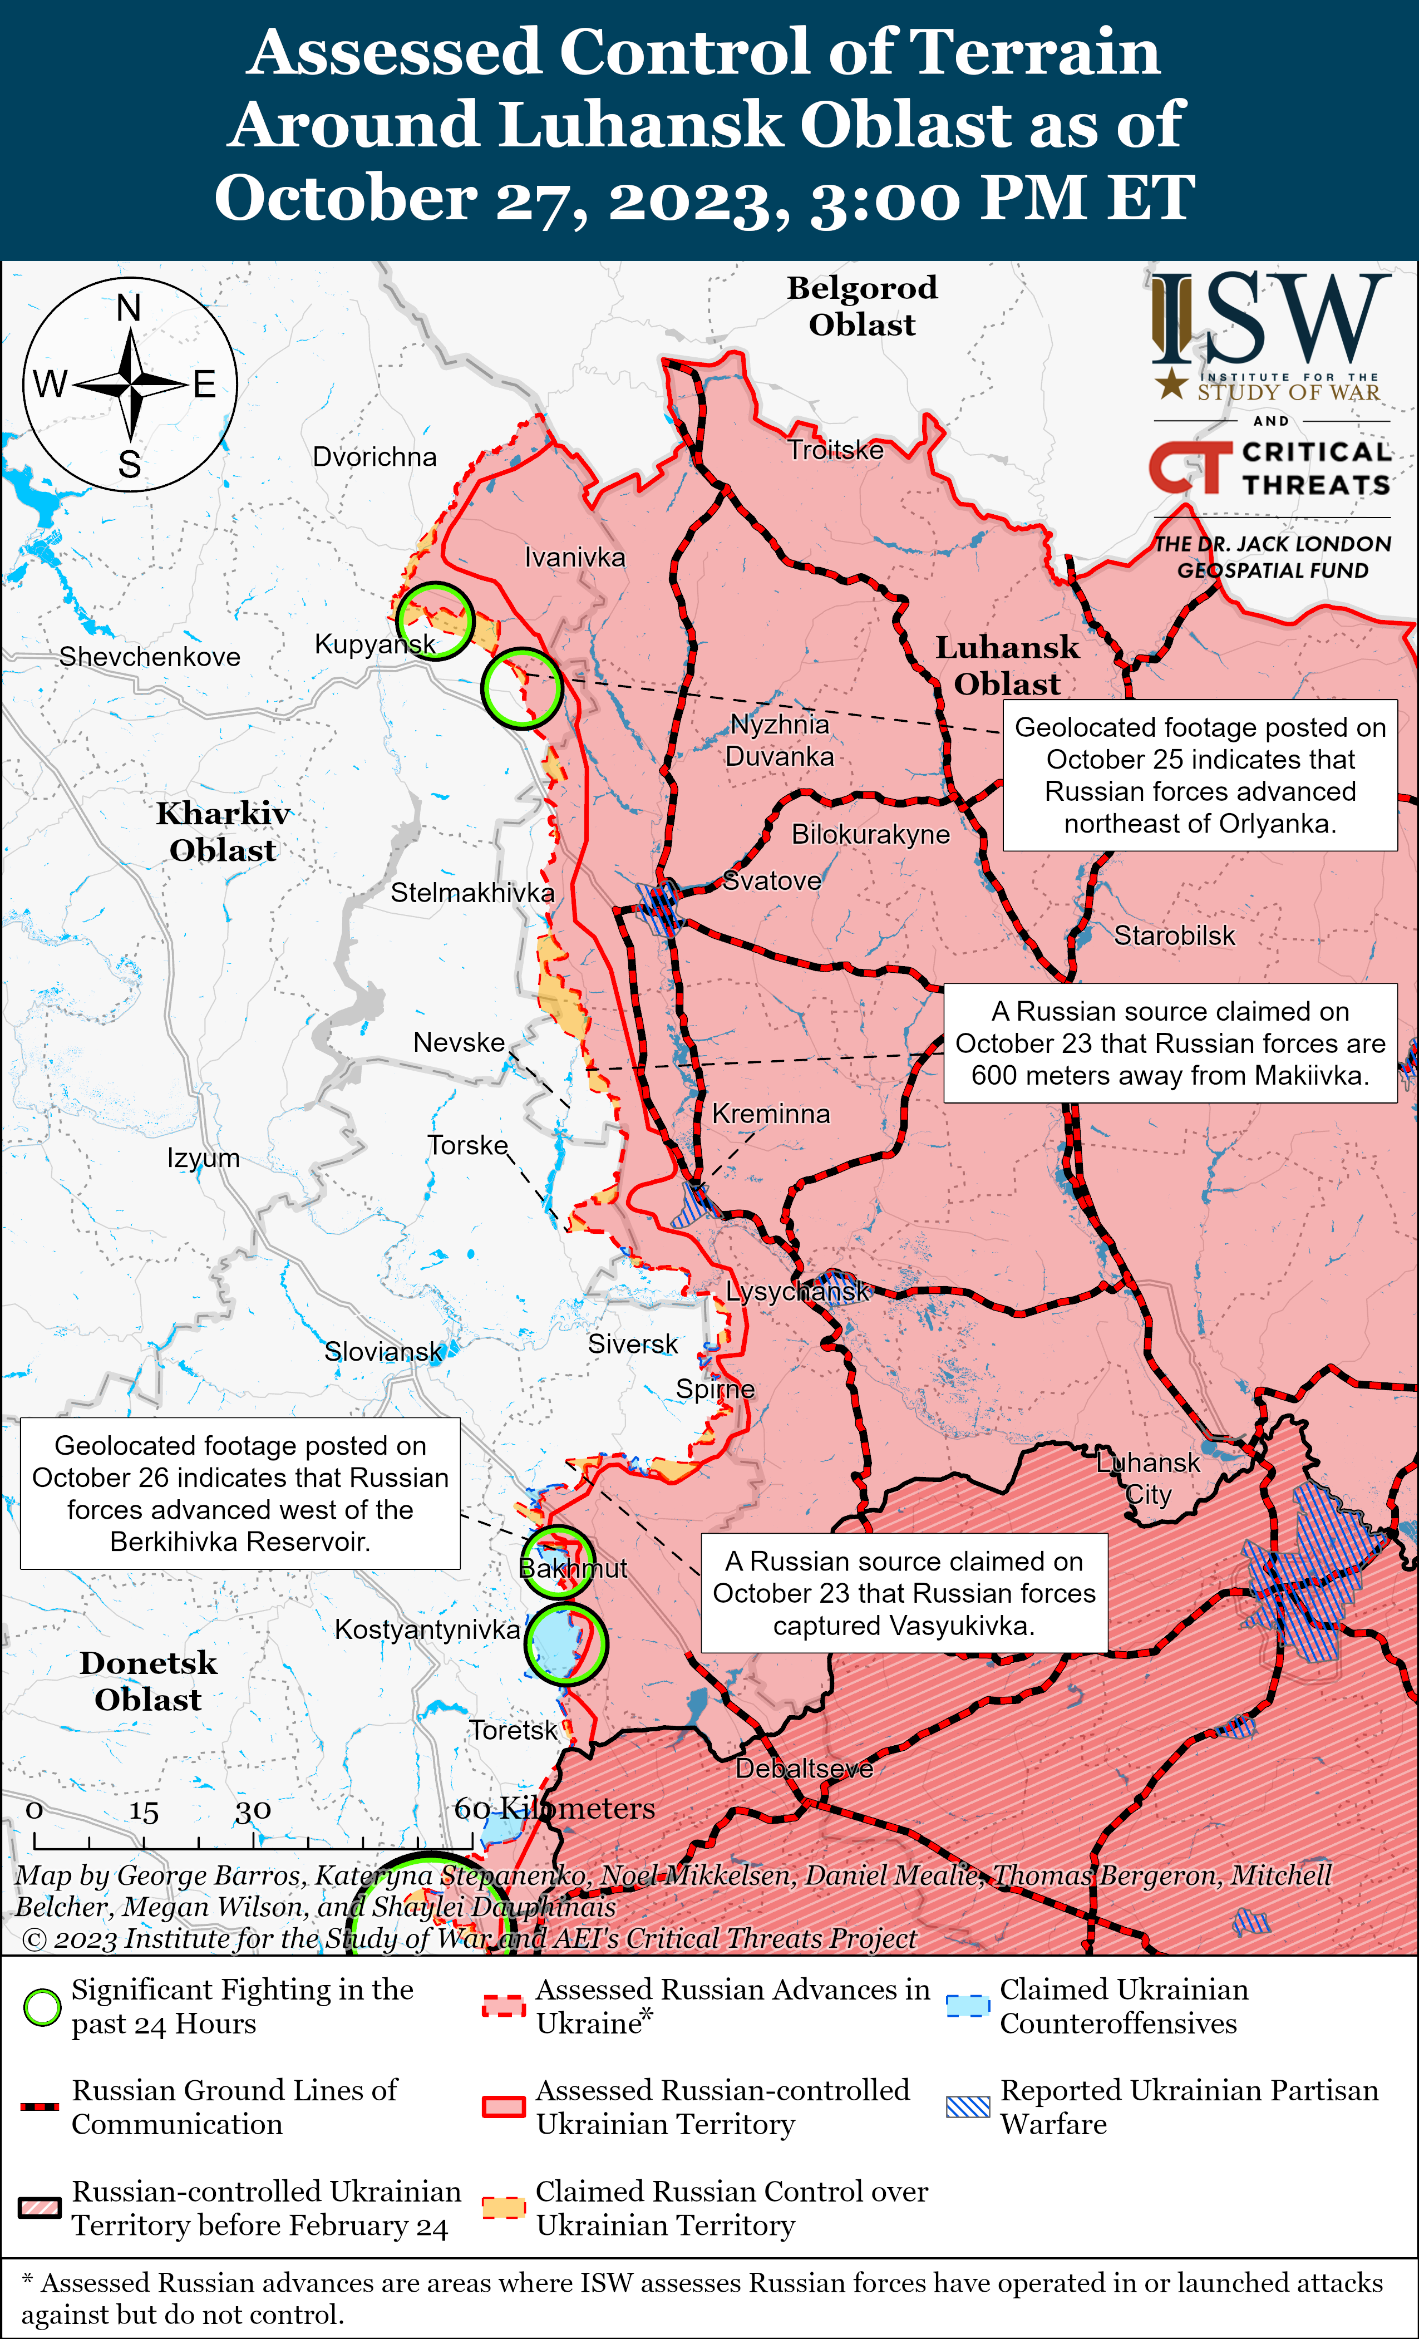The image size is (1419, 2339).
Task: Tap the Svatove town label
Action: (772, 881)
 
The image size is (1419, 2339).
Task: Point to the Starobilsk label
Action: (1174, 936)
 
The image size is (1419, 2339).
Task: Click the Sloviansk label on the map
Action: (382, 1352)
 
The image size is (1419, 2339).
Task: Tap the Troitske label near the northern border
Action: (835, 450)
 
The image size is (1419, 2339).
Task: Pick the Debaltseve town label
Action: (804, 1769)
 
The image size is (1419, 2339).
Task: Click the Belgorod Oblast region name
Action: (862, 306)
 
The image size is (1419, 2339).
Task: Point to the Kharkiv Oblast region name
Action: (223, 831)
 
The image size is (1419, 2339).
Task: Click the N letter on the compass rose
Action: (129, 308)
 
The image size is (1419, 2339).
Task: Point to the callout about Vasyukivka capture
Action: (904, 1593)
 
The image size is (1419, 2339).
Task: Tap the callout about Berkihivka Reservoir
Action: (240, 1493)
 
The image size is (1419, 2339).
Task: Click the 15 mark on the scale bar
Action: (144, 1812)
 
